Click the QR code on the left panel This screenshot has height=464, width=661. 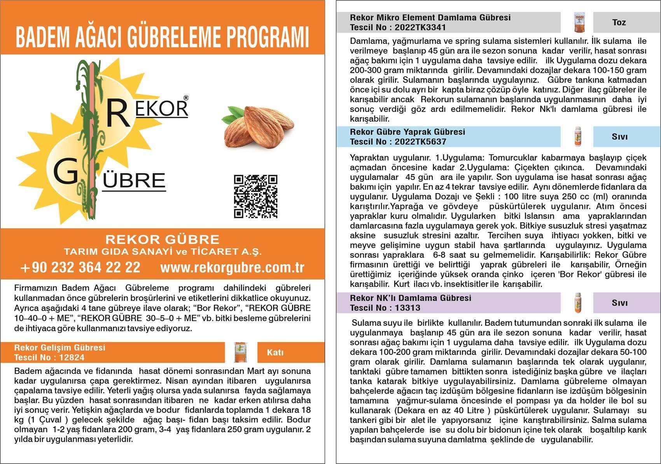tap(255, 196)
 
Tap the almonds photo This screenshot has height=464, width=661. tap(257, 127)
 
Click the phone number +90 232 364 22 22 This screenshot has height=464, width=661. tap(80, 267)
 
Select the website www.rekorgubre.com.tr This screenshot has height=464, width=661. tap(232, 267)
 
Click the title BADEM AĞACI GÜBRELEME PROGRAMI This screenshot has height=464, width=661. tap(162, 37)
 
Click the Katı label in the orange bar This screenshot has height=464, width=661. tap(275, 352)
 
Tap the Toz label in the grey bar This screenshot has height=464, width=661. tap(619, 23)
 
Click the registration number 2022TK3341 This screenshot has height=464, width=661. tap(420, 28)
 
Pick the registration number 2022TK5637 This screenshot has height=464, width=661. tap(420, 142)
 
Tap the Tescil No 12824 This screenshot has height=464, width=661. tap(71, 358)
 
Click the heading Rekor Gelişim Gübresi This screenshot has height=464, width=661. tap(60, 347)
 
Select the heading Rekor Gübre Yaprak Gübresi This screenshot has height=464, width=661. tap(407, 132)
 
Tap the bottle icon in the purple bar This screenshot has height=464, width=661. tap(578, 303)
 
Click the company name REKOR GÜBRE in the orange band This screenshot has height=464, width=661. tap(163, 239)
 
